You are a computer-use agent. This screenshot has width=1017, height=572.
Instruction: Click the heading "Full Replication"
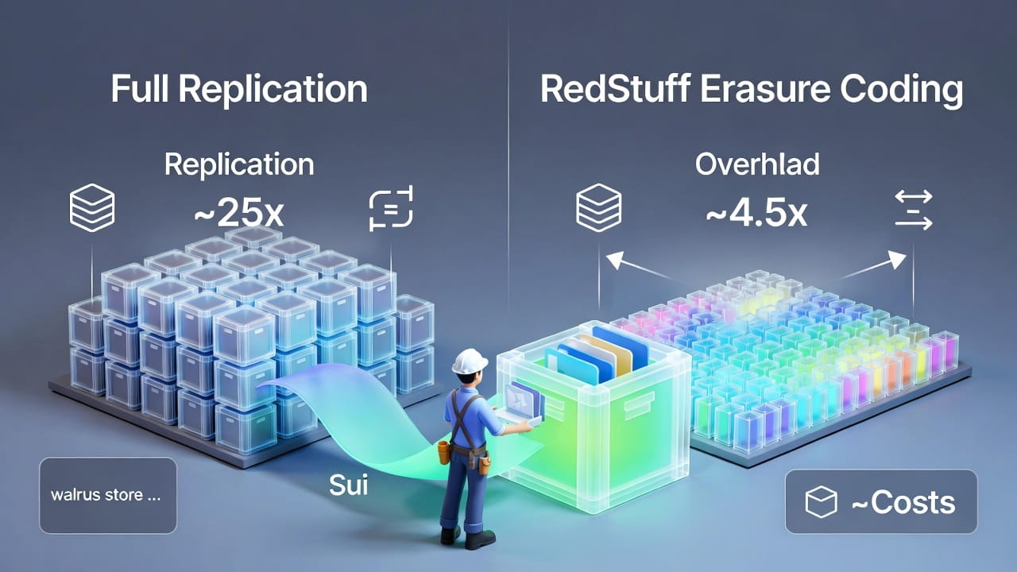pyautogui.click(x=238, y=89)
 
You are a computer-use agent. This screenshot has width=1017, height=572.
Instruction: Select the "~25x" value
pyautogui.click(x=238, y=212)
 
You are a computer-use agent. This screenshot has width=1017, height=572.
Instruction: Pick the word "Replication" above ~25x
pyautogui.click(x=238, y=164)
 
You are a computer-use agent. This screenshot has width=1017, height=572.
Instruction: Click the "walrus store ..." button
pyautogui.click(x=108, y=495)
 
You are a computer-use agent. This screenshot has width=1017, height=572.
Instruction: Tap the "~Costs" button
pyautogui.click(x=881, y=501)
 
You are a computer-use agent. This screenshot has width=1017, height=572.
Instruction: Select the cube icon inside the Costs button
pyautogui.click(x=822, y=502)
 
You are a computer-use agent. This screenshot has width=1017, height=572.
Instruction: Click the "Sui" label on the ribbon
pyautogui.click(x=349, y=484)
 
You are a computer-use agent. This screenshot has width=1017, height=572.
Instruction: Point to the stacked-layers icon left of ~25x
pyautogui.click(x=93, y=210)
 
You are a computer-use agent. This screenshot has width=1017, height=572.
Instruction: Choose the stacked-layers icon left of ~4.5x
pyautogui.click(x=597, y=210)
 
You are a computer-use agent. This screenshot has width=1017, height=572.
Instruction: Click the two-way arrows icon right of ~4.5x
pyautogui.click(x=913, y=210)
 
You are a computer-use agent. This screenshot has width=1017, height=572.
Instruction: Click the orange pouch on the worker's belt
pyautogui.click(x=444, y=452)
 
